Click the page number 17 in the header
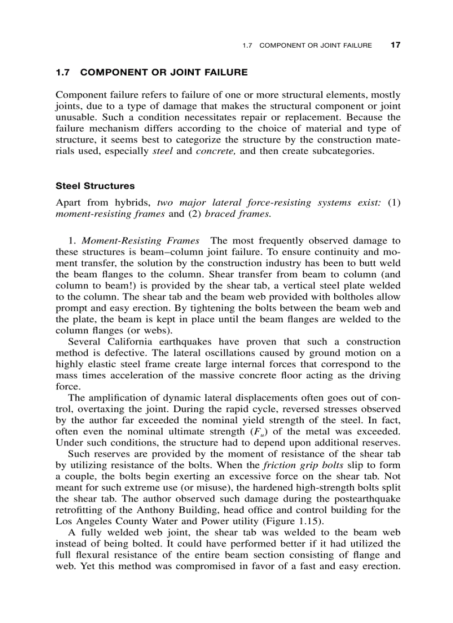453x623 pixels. [x=395, y=45]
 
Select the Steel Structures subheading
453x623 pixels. [x=95, y=186]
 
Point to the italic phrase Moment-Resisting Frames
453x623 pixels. [x=140, y=241]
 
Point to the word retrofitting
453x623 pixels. [x=79, y=510]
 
